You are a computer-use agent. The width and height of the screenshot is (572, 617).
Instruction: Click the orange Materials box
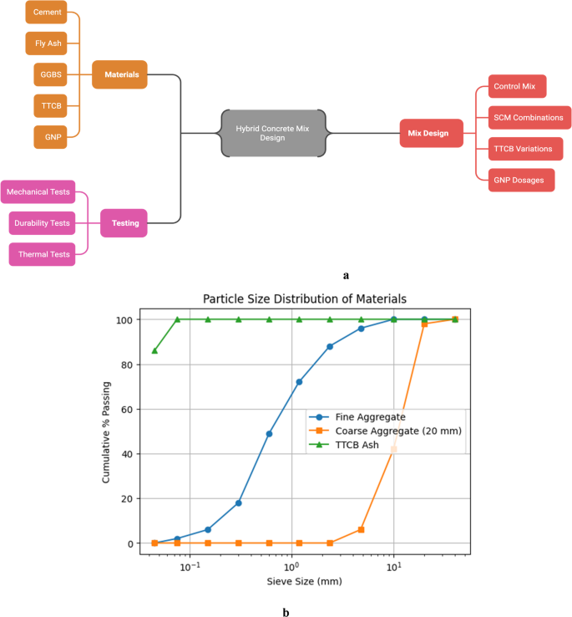[x=120, y=74]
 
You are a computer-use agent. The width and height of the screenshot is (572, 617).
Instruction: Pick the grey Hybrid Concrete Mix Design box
[x=273, y=132]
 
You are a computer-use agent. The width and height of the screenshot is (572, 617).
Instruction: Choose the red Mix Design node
[x=428, y=132]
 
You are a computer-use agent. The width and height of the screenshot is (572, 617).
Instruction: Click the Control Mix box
[x=517, y=87]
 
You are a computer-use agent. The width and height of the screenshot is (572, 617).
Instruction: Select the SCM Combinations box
[x=529, y=118]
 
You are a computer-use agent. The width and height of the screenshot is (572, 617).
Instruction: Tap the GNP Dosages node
[x=522, y=180]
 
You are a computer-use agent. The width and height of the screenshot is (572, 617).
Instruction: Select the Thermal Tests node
[x=42, y=254]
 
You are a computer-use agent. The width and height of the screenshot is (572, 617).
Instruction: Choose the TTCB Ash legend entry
[x=357, y=445]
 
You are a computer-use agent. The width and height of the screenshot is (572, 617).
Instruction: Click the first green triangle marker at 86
[x=154, y=350]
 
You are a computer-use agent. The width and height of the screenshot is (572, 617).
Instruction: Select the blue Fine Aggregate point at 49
[x=269, y=434]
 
